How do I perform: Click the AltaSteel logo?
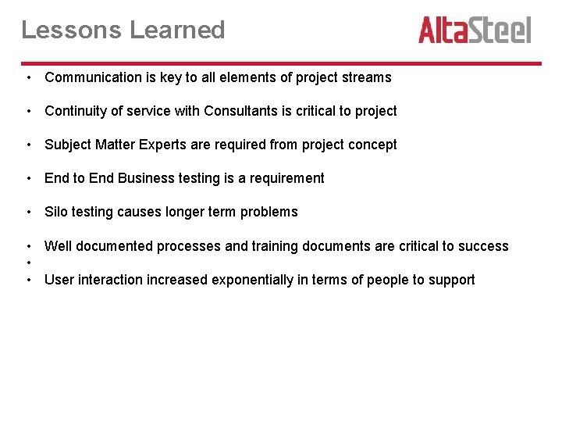[x=474, y=30]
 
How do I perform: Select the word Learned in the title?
[x=177, y=30]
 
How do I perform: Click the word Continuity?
[x=74, y=111]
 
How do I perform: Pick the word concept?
[x=372, y=145]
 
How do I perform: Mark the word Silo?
[x=57, y=212]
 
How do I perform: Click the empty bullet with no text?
[x=27, y=263]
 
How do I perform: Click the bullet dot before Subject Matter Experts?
[x=27, y=145]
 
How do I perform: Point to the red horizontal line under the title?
[x=281, y=63]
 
